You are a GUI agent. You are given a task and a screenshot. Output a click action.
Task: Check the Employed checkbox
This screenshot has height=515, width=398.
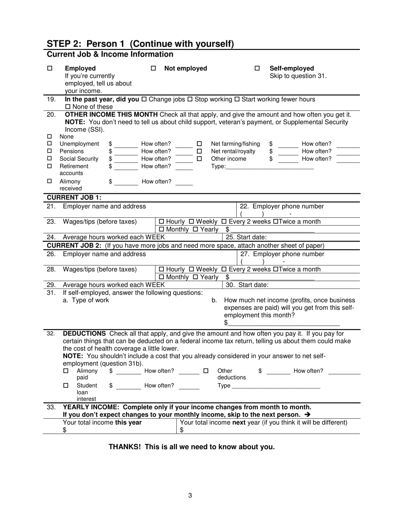(50, 68)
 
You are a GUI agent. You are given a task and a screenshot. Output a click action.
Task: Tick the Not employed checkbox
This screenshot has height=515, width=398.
(153, 68)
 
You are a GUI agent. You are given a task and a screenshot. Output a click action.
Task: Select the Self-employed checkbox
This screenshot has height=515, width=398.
(257, 68)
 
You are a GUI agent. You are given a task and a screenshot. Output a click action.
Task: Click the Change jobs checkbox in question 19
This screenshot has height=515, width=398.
(144, 99)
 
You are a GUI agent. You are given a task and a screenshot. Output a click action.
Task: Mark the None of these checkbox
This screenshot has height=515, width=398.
(68, 107)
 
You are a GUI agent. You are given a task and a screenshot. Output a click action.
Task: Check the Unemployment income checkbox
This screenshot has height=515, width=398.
(50, 144)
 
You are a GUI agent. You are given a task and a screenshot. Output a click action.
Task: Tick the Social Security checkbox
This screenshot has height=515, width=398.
(50, 159)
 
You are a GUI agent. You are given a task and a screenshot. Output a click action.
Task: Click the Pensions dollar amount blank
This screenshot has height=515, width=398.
(126, 151)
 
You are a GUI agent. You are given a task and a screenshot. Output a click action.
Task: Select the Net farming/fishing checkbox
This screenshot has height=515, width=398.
(199, 144)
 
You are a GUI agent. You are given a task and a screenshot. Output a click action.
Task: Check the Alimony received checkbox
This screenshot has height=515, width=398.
(50, 181)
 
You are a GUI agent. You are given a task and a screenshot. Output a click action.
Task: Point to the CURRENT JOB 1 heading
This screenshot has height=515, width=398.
(74, 198)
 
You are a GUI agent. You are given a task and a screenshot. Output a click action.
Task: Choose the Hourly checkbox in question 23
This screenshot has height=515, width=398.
(162, 221)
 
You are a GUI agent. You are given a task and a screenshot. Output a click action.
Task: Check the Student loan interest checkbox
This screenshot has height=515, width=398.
(66, 385)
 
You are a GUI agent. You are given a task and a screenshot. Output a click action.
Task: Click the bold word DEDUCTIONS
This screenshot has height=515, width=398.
(84, 334)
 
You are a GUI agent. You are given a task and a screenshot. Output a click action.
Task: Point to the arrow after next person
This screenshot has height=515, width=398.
(308, 415)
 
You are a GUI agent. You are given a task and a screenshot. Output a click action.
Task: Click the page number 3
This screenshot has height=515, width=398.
(190, 496)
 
